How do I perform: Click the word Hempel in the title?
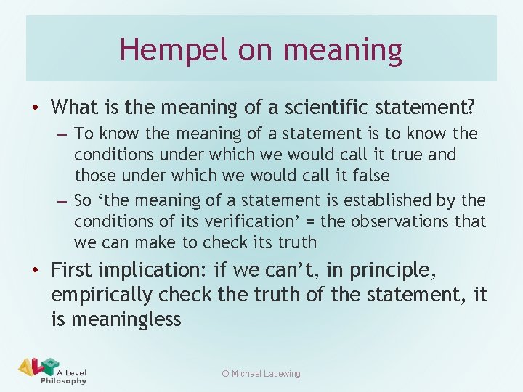pyautogui.click(x=160, y=49)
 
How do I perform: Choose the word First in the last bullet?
pyautogui.click(x=72, y=270)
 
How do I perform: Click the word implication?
pyautogui.click(x=153, y=271)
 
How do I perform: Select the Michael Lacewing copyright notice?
pyautogui.click(x=261, y=373)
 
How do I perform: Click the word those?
pyautogui.click(x=94, y=176)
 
